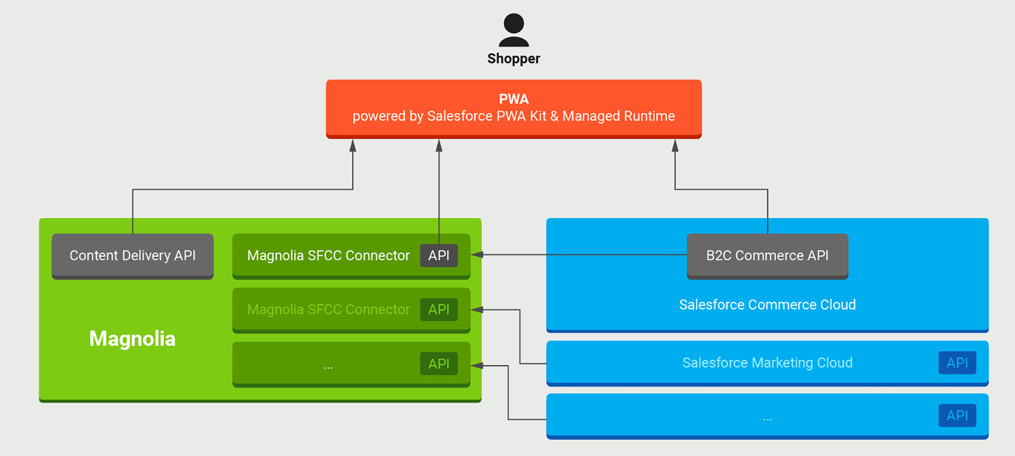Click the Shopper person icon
[x=513, y=30]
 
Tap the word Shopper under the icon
[x=513, y=58]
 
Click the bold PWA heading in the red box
[x=513, y=99]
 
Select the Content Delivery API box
[x=132, y=256]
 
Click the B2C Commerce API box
[x=767, y=256]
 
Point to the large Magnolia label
[x=132, y=339]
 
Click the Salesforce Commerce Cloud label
[x=767, y=304]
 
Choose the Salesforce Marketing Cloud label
[x=767, y=363]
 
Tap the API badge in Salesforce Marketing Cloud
[x=957, y=363]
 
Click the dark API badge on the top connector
[x=439, y=256]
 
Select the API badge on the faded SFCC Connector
[x=439, y=310]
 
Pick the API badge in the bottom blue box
[x=957, y=415]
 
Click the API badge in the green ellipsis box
[x=439, y=364]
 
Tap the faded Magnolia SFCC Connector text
[x=328, y=310]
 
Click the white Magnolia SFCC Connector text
[x=328, y=256]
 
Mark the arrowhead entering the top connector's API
[x=477, y=255]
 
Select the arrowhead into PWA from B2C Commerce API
[x=675, y=145]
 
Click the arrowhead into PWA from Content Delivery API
[x=353, y=145]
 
